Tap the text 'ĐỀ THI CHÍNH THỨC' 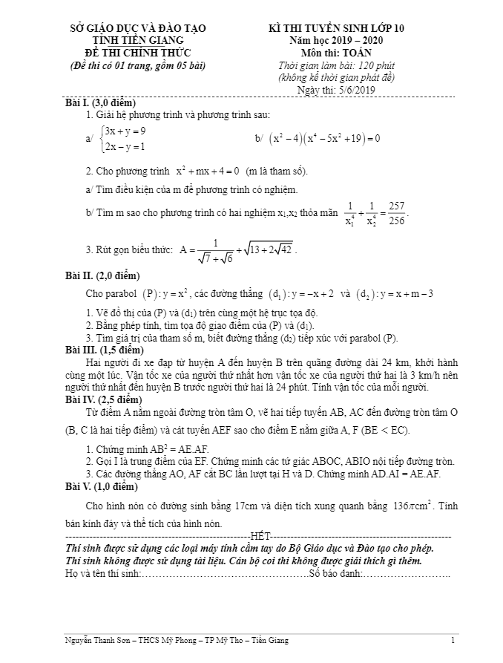pyautogui.click(x=139, y=53)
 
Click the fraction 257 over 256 pyautogui.click(x=396, y=212)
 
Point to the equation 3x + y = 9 pyautogui.click(x=125, y=131)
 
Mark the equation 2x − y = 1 pyautogui.click(x=125, y=146)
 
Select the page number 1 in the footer pyautogui.click(x=453, y=640)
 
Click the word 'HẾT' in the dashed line pyautogui.click(x=261, y=535)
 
